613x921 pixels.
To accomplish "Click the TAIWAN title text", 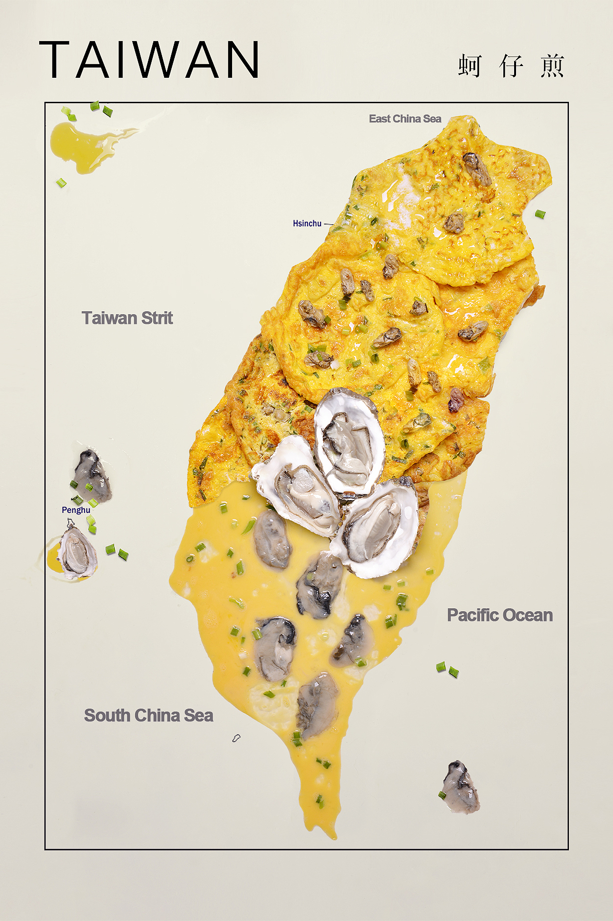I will tap(149, 60).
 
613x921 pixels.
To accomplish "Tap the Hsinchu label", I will tap(307, 224).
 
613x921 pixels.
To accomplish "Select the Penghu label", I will tap(76, 510).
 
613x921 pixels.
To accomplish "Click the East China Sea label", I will tap(405, 119).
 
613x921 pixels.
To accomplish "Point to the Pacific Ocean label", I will tap(499, 615).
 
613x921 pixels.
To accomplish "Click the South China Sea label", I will tap(148, 715).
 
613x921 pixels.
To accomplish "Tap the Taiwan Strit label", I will tap(127, 318).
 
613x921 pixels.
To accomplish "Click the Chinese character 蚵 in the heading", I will tap(470, 66).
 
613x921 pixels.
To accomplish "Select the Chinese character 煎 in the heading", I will tap(552, 66).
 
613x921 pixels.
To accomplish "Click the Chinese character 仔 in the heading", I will tap(511, 66).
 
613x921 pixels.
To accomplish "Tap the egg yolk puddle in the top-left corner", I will tap(78, 144).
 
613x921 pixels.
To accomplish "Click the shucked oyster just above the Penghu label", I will tap(92, 476).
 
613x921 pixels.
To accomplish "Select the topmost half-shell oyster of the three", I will tap(349, 442).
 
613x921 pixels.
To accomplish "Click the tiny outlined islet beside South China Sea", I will tap(236, 737).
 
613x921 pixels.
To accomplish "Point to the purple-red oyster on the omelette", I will tap(456, 399).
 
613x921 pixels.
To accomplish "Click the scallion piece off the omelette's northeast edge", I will tap(540, 214).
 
